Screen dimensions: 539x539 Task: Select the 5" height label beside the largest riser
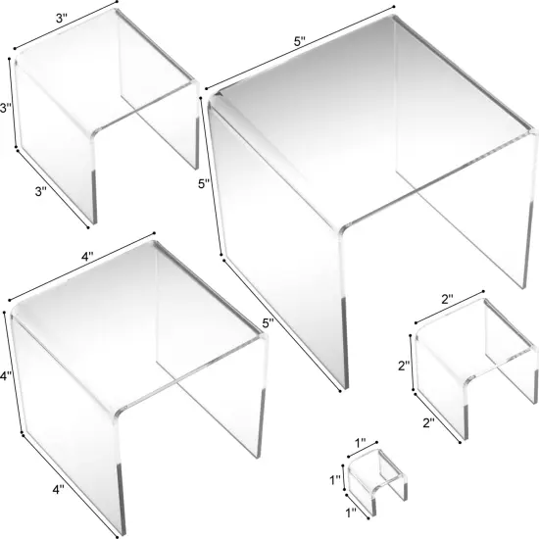[202, 182]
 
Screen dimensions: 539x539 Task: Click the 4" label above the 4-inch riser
[87, 257]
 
